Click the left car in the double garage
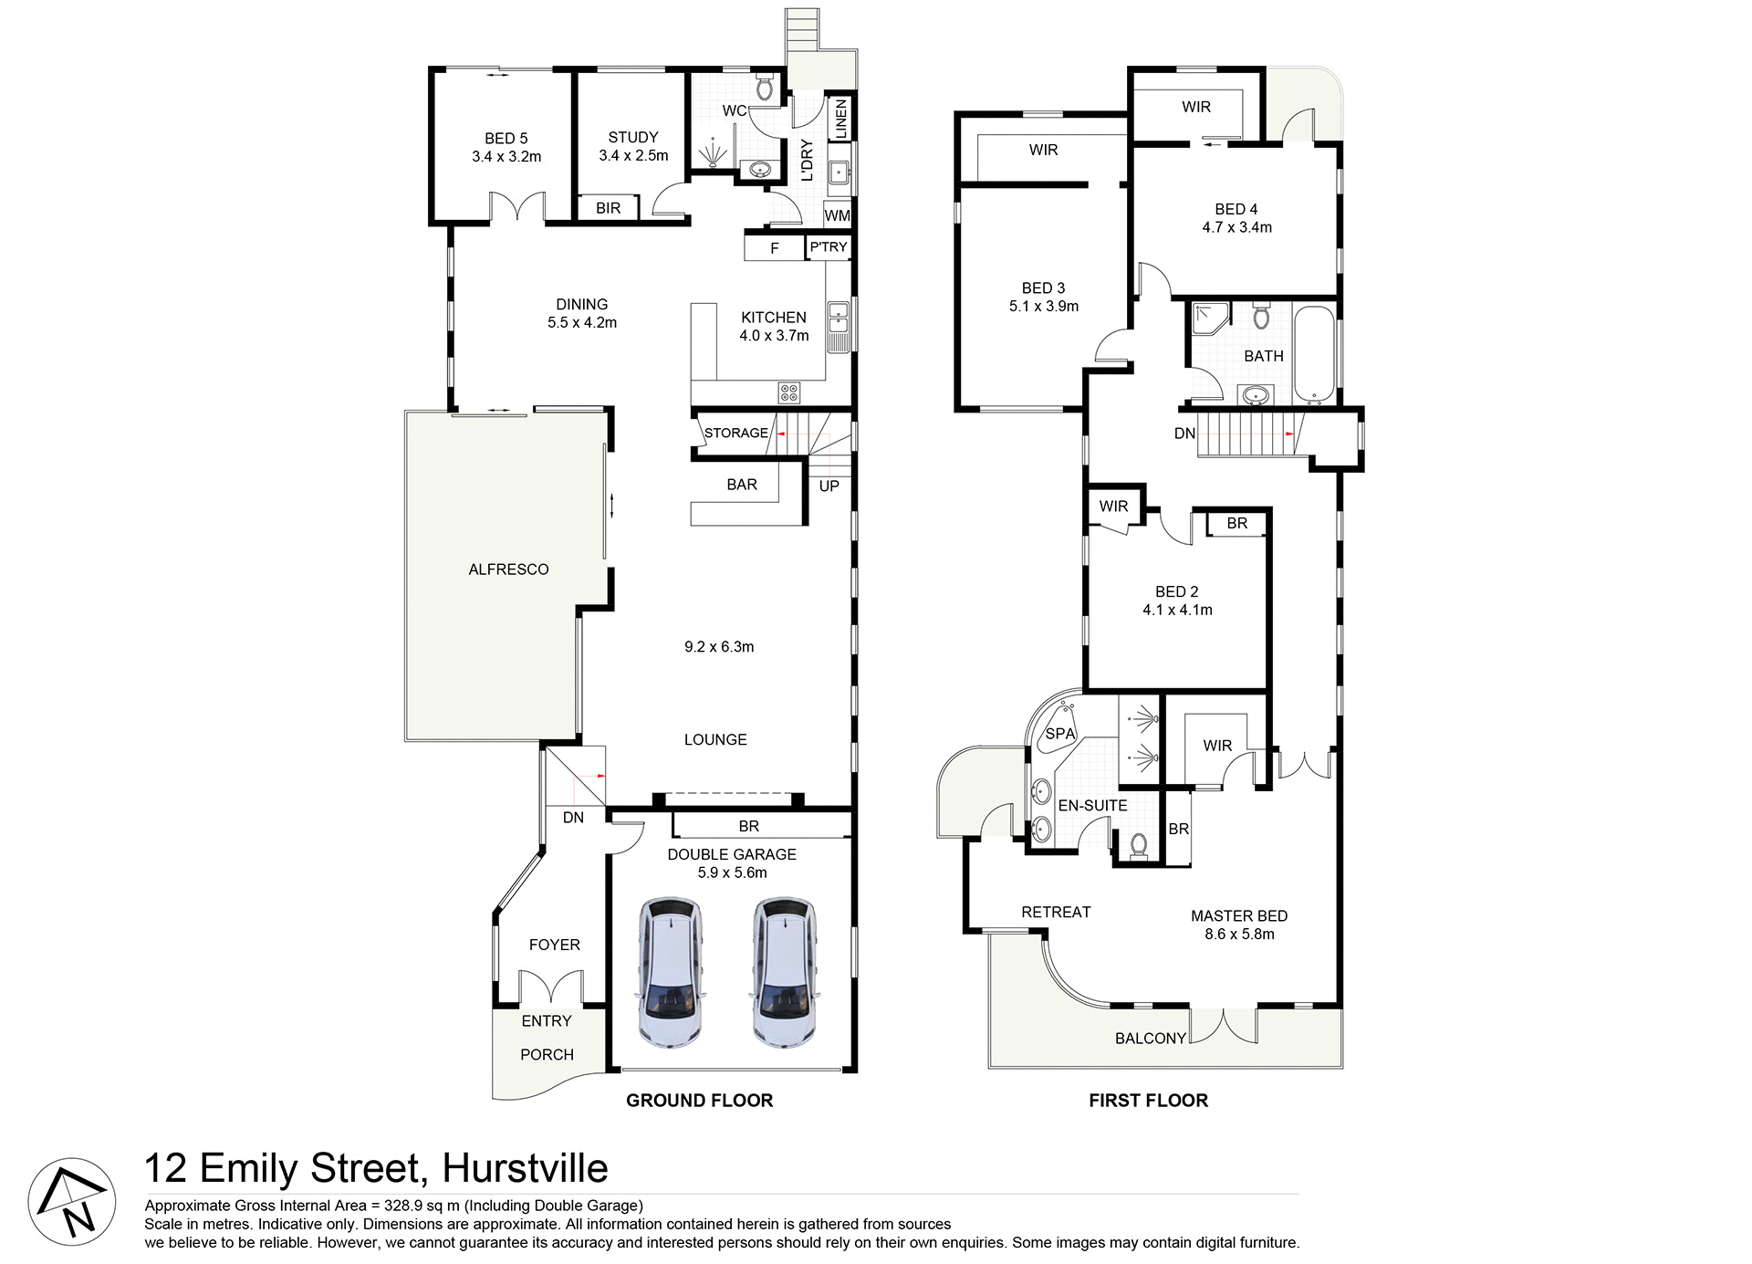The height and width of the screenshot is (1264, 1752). pos(671,971)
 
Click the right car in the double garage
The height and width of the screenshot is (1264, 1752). pos(784,971)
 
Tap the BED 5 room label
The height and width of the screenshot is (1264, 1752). pos(506,147)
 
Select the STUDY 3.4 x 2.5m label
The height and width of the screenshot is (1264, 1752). pos(633,146)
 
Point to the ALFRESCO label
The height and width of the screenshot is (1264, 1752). pos(508,569)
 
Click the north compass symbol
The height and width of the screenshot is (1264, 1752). pos(72,1202)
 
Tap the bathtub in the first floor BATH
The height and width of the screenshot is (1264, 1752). pos(1314,356)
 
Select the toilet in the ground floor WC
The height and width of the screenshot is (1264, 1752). pos(765,89)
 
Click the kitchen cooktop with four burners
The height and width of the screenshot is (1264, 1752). pos(788,392)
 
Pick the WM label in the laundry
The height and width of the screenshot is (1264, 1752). pos(837,216)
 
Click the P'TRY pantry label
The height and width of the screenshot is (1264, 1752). pos(829,247)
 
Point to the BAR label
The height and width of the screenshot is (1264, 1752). pos(742,485)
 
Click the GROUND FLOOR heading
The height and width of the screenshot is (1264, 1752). pos(699,1101)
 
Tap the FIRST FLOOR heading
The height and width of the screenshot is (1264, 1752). pos(1148,1101)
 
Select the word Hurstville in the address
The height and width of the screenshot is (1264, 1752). pos(525,1168)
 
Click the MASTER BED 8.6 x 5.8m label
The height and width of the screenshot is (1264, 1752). pos(1238,924)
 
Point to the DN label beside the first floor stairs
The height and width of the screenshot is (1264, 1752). pos(1184,434)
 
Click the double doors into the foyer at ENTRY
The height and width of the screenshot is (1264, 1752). pos(550,988)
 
